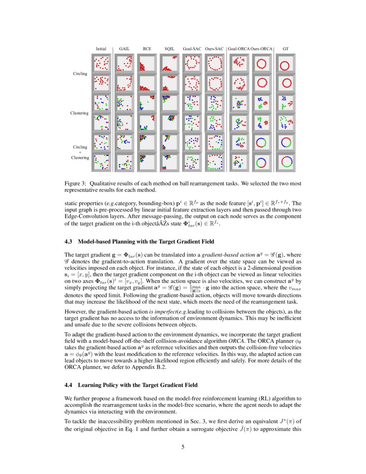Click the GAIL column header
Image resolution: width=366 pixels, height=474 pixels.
[124, 49]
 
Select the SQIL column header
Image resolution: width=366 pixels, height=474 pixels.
[169, 49]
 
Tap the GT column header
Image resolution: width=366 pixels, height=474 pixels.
[285, 49]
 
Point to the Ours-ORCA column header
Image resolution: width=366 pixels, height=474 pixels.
[261, 49]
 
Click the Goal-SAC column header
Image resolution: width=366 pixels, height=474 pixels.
[192, 49]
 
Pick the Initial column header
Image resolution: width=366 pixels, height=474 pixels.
[101, 49]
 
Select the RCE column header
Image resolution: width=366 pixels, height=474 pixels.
[147, 49]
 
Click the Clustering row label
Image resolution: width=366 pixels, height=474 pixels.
[79, 113]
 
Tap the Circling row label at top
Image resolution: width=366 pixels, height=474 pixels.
[80, 74]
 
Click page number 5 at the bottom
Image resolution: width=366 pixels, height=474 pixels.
[183, 447]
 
